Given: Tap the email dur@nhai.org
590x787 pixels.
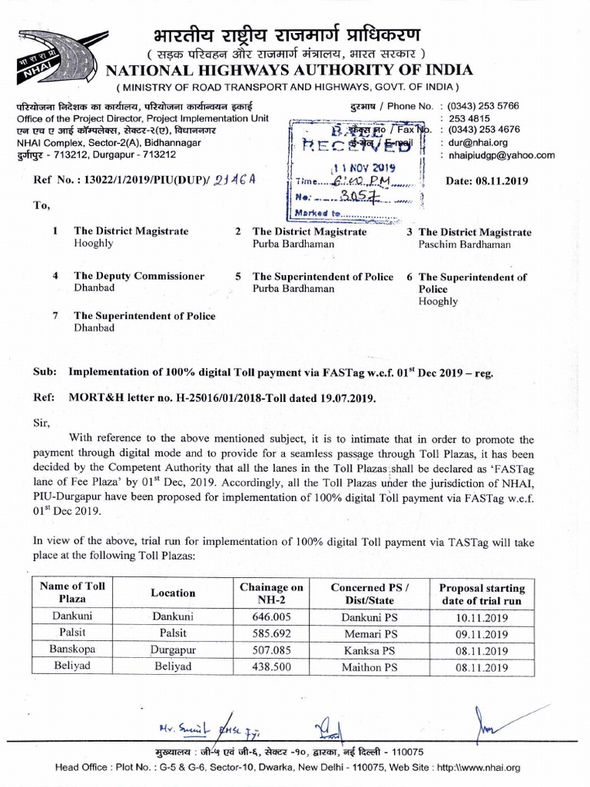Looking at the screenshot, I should point(474,142).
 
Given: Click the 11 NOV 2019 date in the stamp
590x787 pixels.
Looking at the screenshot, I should point(360,168).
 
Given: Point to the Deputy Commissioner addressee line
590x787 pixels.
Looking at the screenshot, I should point(139,275).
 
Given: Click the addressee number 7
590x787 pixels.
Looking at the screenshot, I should point(55,315).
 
